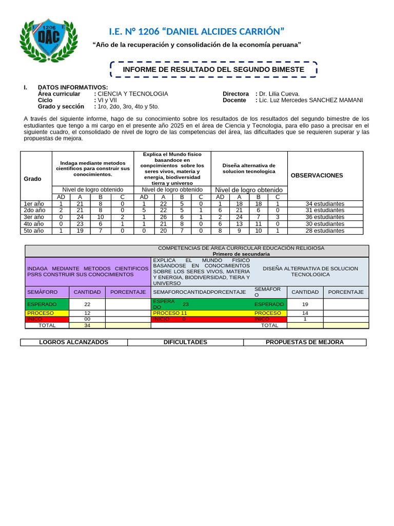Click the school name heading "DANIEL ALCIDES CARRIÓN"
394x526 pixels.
(221, 31)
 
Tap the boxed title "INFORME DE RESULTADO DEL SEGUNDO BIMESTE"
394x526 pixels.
(213, 69)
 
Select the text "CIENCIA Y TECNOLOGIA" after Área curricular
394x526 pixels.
(133, 93)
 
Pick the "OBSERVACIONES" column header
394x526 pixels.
(317, 175)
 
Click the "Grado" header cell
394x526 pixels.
(32, 179)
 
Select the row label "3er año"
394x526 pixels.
(35, 217)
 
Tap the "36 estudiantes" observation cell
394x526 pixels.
(325, 217)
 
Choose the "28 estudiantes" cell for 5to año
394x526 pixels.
(325, 231)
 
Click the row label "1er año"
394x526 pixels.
(35, 204)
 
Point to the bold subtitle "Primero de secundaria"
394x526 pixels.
(241, 254)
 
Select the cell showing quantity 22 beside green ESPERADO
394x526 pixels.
(87, 304)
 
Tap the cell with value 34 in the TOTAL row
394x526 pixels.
(87, 325)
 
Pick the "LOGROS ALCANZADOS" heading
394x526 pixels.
(74, 342)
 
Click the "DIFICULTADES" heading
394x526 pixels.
(185, 342)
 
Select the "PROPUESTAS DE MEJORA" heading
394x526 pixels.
(305, 342)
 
